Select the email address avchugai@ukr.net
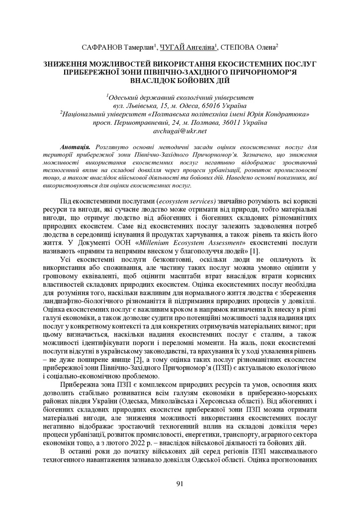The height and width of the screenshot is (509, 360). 180,131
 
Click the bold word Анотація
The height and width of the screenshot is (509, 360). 75,148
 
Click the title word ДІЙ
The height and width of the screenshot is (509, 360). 221,80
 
